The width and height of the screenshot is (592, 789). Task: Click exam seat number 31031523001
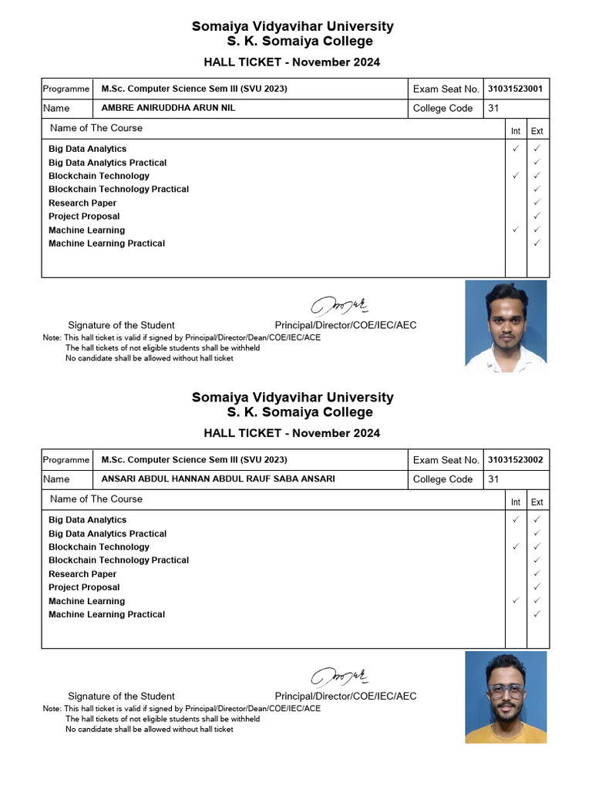click(515, 89)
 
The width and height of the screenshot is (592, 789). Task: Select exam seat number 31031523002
click(515, 460)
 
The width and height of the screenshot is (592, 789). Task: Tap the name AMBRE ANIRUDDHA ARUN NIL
click(168, 108)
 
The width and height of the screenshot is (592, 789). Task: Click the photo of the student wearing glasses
click(506, 697)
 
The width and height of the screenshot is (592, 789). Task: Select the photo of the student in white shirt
click(506, 326)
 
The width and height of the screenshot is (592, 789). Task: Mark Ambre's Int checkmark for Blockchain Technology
click(516, 176)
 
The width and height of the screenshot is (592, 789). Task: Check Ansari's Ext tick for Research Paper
click(537, 574)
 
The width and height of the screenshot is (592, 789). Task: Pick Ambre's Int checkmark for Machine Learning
click(516, 230)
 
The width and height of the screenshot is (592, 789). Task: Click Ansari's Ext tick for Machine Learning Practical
click(537, 614)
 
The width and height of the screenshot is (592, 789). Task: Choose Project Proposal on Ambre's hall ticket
click(84, 217)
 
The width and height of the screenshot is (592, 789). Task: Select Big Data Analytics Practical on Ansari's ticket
click(107, 533)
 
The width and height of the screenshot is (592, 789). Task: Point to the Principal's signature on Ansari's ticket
click(340, 677)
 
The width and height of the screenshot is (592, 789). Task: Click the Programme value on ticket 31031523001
click(194, 89)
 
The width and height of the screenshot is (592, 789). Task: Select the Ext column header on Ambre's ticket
click(537, 131)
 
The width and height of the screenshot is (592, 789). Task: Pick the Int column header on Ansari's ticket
click(516, 502)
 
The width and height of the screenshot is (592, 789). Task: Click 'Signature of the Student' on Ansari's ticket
click(121, 697)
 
